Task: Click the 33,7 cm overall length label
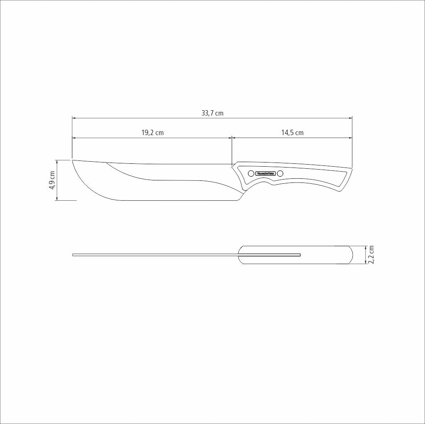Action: [x=212, y=113]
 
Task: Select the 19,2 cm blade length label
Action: [x=152, y=133]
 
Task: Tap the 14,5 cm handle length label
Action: [x=292, y=133]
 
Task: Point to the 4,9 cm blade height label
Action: [x=52, y=180]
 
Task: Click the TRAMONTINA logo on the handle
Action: [x=266, y=173]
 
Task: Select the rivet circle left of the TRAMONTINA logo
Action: [x=251, y=173]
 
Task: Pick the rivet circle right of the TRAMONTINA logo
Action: [x=280, y=173]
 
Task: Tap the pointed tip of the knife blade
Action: [x=73, y=160]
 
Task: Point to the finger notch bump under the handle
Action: [x=272, y=183]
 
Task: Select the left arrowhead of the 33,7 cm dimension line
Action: [x=74, y=118]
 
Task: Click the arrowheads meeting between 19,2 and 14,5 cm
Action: [x=232, y=137]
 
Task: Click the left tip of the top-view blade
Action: [x=73, y=254]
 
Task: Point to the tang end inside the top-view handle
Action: [x=300, y=254]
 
